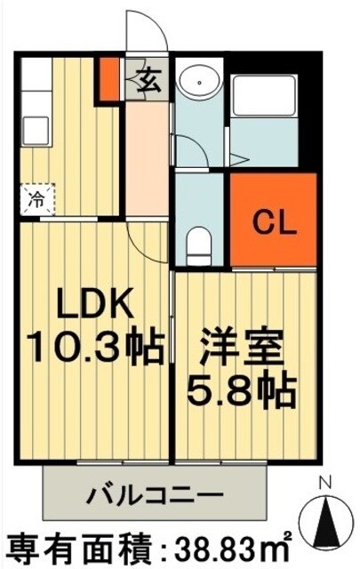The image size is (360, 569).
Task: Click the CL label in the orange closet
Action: click(273, 219)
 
